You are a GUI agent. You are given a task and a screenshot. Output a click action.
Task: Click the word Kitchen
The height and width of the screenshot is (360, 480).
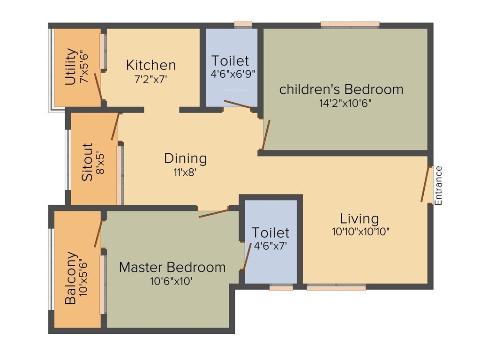(151, 65)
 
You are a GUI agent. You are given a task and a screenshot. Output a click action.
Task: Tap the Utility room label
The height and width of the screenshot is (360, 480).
(71, 67)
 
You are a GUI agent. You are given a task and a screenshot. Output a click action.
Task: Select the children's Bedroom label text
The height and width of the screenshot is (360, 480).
(341, 89)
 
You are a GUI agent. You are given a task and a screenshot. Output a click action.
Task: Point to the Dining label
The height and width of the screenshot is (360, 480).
(185, 158)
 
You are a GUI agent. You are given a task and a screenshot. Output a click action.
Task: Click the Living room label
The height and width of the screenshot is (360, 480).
(359, 218)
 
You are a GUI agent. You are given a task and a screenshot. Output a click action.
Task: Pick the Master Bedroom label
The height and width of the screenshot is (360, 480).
(172, 267)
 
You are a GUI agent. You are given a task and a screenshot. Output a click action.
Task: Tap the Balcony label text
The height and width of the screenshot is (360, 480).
(71, 278)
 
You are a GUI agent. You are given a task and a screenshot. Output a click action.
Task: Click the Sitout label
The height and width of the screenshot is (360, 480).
(87, 162)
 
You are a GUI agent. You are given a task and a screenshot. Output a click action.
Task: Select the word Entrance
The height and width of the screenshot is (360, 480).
(439, 186)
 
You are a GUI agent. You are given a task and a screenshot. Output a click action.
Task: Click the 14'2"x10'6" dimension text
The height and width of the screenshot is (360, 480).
(342, 104)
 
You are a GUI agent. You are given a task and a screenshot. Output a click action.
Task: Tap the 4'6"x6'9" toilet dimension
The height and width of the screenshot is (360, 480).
(233, 74)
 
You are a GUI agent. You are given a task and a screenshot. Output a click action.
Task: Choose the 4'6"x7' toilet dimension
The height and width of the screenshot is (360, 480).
(270, 244)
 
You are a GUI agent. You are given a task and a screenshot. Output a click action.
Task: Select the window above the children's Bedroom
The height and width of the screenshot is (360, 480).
(350, 24)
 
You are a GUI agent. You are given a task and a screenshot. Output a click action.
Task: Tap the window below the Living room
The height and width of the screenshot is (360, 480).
(336, 288)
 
